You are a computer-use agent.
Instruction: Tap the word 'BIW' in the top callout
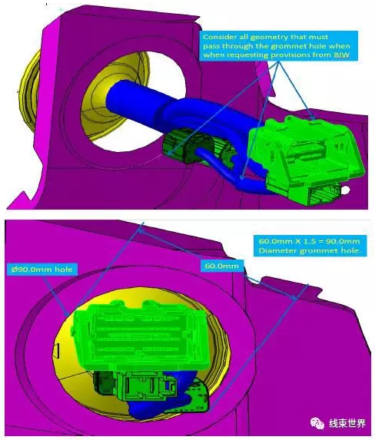tap(342, 55)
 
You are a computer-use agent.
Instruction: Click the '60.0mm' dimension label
tap(222, 266)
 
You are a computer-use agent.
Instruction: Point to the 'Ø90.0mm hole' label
tap(41, 270)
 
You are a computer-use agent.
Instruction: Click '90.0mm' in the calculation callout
tap(345, 241)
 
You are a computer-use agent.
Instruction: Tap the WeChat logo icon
tap(317, 423)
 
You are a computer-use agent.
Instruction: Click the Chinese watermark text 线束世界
tap(347, 423)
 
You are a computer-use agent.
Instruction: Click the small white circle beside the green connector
tap(346, 190)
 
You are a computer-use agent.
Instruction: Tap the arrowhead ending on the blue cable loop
tap(242, 176)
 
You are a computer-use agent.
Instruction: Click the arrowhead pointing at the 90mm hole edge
tap(66, 313)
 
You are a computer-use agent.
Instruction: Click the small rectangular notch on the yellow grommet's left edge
tap(57, 351)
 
